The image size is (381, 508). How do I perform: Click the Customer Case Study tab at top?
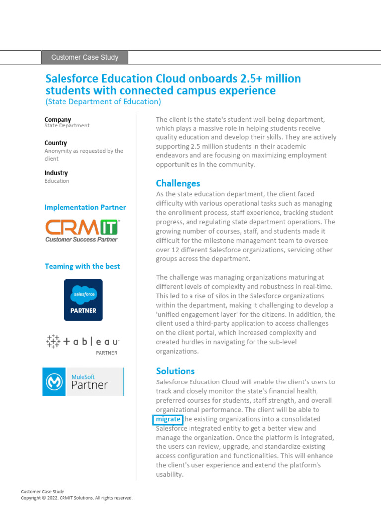tap(84, 57)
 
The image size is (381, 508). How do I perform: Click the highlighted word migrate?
tap(168, 419)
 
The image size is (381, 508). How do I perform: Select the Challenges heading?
tap(178, 183)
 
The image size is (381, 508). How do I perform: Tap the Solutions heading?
tap(175, 371)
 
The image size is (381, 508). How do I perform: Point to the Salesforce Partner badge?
tap(83, 300)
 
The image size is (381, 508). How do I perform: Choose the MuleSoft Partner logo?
tap(83, 381)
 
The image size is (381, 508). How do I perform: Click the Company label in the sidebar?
tap(58, 119)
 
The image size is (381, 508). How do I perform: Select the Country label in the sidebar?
tap(56, 143)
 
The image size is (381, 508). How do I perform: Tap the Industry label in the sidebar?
tap(56, 173)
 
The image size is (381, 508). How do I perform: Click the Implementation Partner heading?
tap(85, 207)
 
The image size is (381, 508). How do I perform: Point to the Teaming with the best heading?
tap(82, 266)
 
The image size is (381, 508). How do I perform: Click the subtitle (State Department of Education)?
tap(103, 102)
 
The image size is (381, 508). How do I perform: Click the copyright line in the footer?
tap(76, 498)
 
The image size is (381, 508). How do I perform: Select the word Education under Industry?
tap(57, 181)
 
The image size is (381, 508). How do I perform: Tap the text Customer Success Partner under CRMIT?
tap(81, 239)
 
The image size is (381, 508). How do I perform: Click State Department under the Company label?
tap(66, 126)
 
